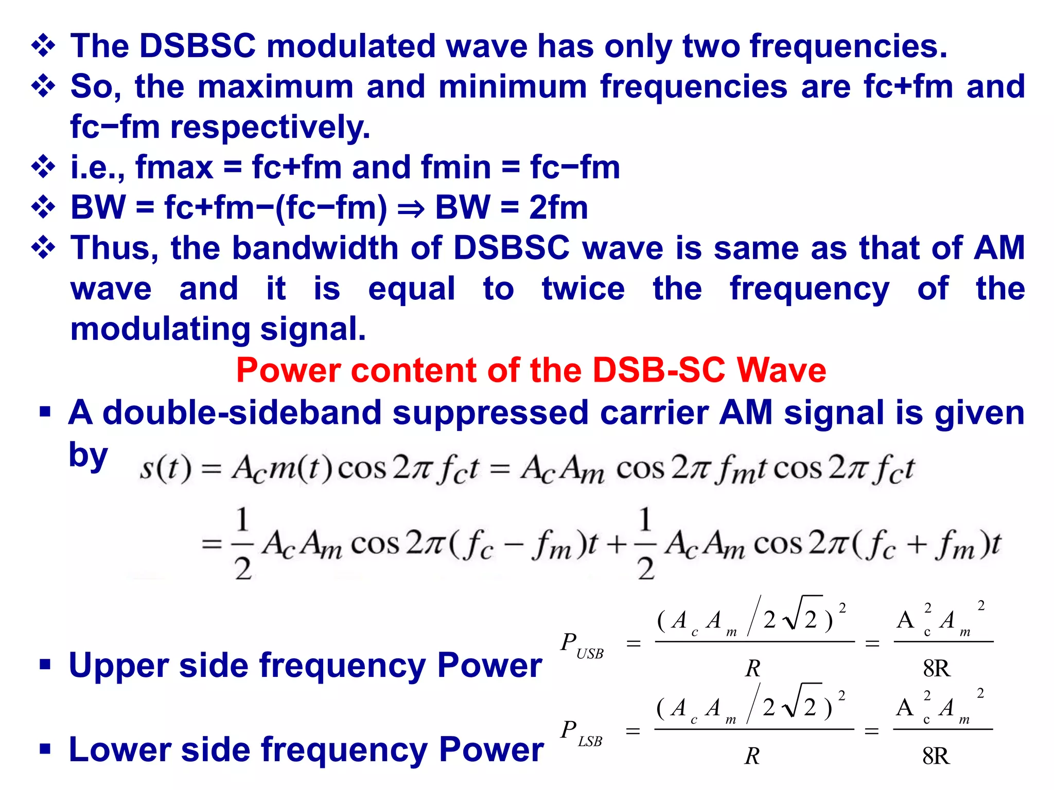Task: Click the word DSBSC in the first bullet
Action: [x=197, y=46]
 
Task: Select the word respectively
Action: [x=270, y=127]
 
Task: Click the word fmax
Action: [x=174, y=168]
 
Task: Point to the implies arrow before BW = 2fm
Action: [x=411, y=209]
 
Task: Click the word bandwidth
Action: [x=315, y=248]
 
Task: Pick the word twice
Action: [x=583, y=289]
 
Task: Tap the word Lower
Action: [x=120, y=749]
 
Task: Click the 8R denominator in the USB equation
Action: [x=937, y=668]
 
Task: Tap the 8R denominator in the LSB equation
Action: [x=936, y=756]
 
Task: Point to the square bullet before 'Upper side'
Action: [x=45, y=665]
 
